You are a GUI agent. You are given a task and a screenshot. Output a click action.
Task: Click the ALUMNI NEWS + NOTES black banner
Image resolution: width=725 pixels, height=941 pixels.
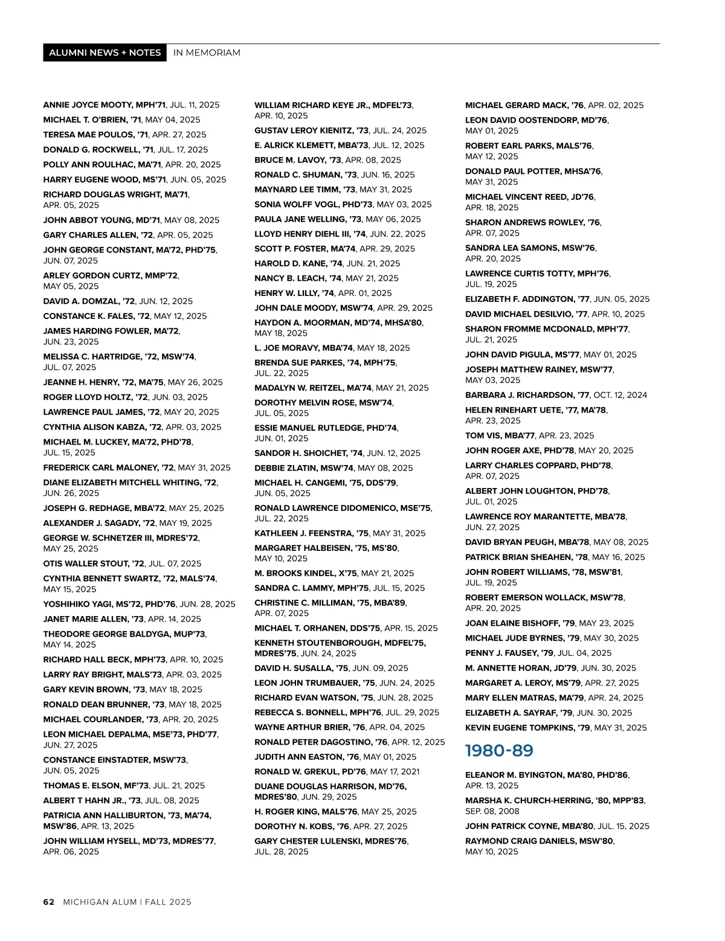[105, 53]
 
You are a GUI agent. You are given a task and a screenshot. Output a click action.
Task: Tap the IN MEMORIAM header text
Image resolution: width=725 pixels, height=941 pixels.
[207, 53]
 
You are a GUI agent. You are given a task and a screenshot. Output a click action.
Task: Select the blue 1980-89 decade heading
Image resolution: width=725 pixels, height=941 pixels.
[499, 751]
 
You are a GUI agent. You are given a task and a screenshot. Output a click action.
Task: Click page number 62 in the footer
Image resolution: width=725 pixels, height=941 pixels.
[48, 902]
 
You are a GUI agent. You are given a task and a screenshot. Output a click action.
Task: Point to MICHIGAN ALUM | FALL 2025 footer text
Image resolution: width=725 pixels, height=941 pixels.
[127, 902]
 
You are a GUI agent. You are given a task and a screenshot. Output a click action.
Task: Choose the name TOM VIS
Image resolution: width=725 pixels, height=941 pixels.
[483, 435]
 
